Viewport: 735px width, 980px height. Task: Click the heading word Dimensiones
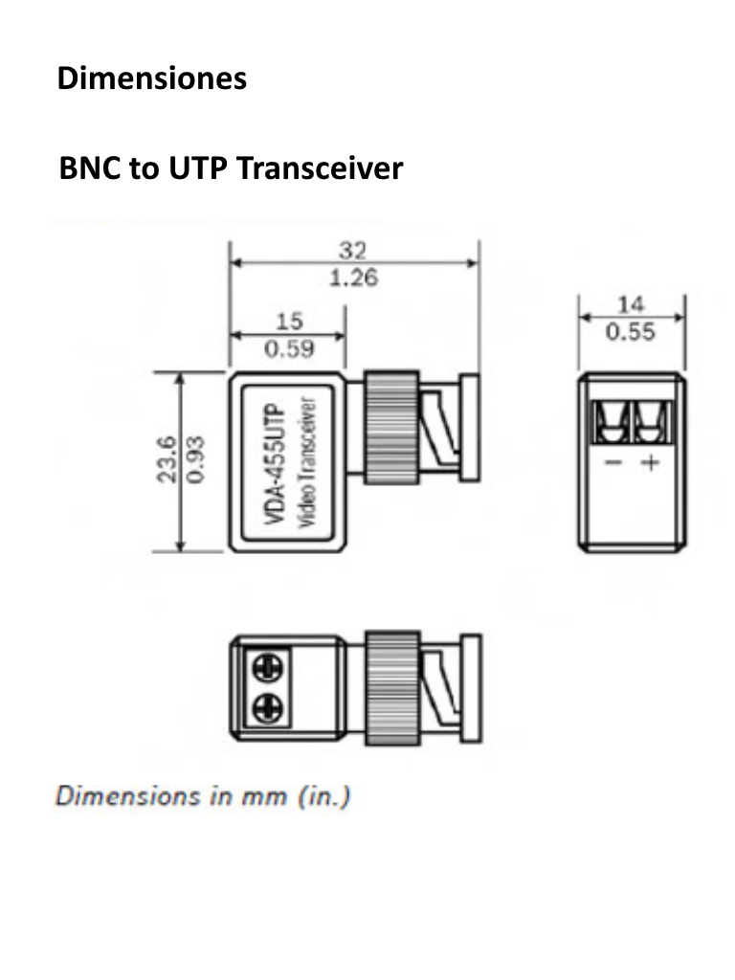pyautogui.click(x=152, y=78)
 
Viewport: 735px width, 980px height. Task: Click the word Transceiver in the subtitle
pyautogui.click(x=319, y=168)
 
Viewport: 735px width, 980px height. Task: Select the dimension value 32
pyautogui.click(x=353, y=251)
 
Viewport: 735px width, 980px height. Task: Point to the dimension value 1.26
pyautogui.click(x=353, y=278)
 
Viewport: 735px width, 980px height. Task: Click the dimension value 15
pyautogui.click(x=288, y=322)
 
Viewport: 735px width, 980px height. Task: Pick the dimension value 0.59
pyautogui.click(x=288, y=348)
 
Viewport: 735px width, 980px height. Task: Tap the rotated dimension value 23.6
pyautogui.click(x=167, y=461)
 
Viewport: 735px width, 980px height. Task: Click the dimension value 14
pyautogui.click(x=631, y=304)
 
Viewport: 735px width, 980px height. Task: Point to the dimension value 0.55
pyautogui.click(x=631, y=331)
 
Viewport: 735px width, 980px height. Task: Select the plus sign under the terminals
pyautogui.click(x=651, y=463)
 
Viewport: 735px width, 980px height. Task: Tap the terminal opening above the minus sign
pyautogui.click(x=612, y=422)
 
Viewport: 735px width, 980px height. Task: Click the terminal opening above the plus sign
pyautogui.click(x=652, y=422)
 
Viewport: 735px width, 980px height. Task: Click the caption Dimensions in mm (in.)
pyautogui.click(x=203, y=796)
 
